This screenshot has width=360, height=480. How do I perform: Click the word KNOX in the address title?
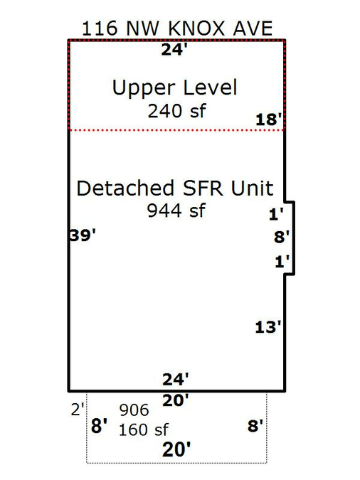pyautogui.click(x=196, y=28)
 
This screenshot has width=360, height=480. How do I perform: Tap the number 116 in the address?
pyautogui.click(x=100, y=28)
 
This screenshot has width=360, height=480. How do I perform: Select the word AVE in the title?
pyautogui.click(x=253, y=28)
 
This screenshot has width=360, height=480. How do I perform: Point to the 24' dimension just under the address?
pyautogui.click(x=174, y=50)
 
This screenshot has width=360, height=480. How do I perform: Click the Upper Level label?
pyautogui.click(x=175, y=88)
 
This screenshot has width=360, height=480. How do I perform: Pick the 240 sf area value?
pyautogui.click(x=176, y=111)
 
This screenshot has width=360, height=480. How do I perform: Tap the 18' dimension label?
pyautogui.click(x=269, y=119)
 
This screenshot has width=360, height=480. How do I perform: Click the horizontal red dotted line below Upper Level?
pyautogui.click(x=177, y=130)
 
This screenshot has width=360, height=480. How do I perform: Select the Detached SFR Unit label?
pyautogui.click(x=175, y=188)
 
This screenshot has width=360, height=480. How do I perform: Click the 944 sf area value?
pyautogui.click(x=176, y=210)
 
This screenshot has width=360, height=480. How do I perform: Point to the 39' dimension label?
pyautogui.click(x=83, y=235)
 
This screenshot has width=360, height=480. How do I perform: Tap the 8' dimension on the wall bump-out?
pyautogui.click(x=282, y=238)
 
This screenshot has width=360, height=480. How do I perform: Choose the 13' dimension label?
pyautogui.click(x=268, y=327)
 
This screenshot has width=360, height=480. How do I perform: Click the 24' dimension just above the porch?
pyautogui.click(x=176, y=379)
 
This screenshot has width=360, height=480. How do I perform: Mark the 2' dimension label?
pyautogui.click(x=78, y=410)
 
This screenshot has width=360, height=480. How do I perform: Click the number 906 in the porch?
pyautogui.click(x=134, y=410)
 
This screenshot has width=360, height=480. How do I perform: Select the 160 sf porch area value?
pyautogui.click(x=144, y=430)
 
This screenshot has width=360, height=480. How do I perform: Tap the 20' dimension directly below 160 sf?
pyautogui.click(x=176, y=449)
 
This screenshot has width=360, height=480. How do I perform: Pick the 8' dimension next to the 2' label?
pyautogui.click(x=100, y=426)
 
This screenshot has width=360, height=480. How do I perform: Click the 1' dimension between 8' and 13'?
pyautogui.click(x=282, y=262)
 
